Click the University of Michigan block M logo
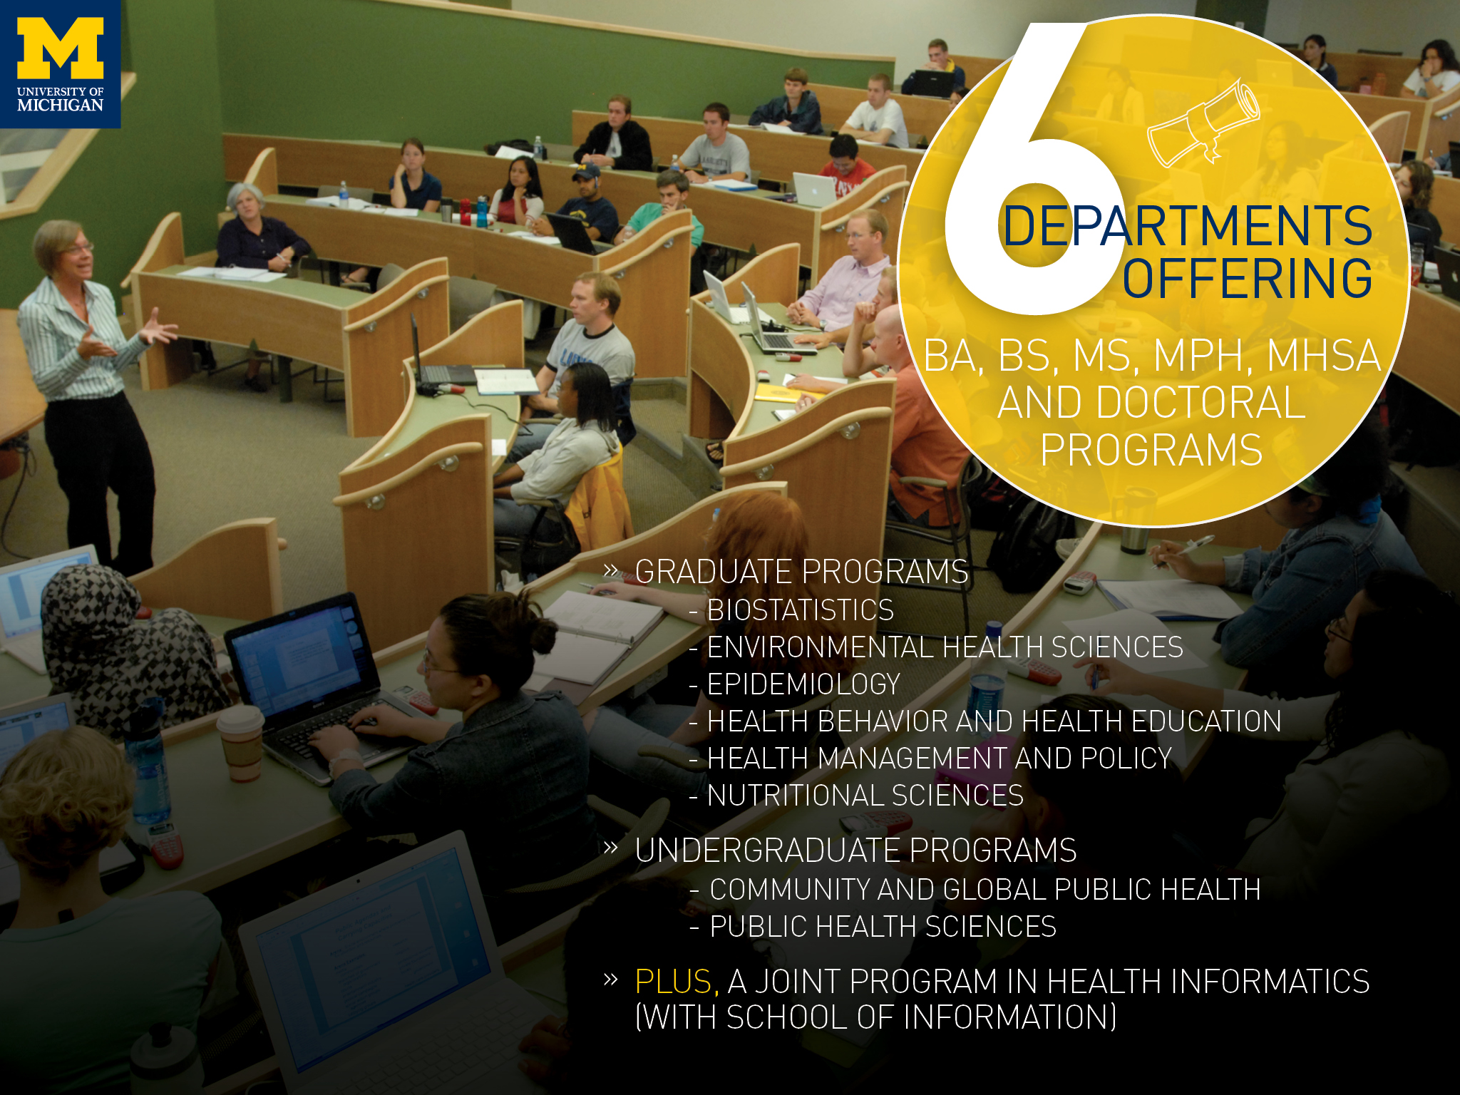(61, 48)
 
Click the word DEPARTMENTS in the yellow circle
(1187, 226)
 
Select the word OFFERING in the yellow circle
(1248, 278)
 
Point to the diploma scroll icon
(1203, 123)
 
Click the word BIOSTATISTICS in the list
(800, 610)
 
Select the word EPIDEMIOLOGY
(803, 684)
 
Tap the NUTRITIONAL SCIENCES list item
(865, 796)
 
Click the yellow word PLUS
(673, 982)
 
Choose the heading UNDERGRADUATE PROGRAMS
(855, 850)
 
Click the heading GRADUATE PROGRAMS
(801, 572)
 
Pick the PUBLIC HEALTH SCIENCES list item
(883, 927)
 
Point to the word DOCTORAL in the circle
(1201, 403)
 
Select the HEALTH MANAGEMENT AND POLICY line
(940, 759)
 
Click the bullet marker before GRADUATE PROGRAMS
(610, 570)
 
